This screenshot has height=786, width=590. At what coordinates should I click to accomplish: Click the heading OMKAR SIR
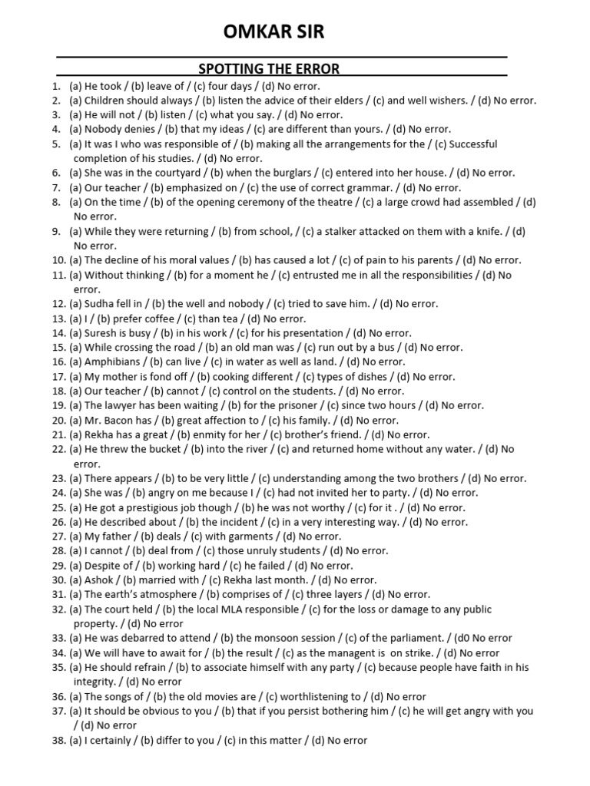point(273,31)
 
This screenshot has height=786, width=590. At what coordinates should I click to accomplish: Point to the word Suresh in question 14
point(101,333)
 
